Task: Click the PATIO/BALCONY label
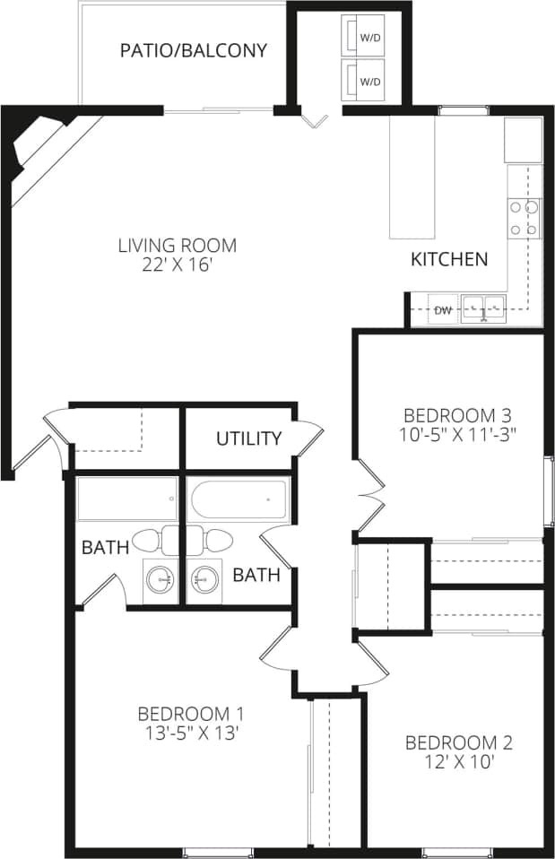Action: click(x=194, y=50)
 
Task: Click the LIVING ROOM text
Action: click(x=178, y=245)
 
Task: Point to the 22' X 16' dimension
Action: click(x=178, y=265)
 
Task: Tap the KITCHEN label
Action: click(x=449, y=260)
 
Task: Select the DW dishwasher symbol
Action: click(x=442, y=310)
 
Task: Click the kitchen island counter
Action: click(x=412, y=178)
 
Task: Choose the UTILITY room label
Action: click(x=248, y=438)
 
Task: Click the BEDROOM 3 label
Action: click(x=457, y=415)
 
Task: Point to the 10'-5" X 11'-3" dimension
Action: click(x=457, y=434)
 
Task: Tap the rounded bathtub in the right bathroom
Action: click(x=239, y=499)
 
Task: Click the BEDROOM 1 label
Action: click(x=191, y=714)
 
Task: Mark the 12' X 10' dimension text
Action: click(x=459, y=763)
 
